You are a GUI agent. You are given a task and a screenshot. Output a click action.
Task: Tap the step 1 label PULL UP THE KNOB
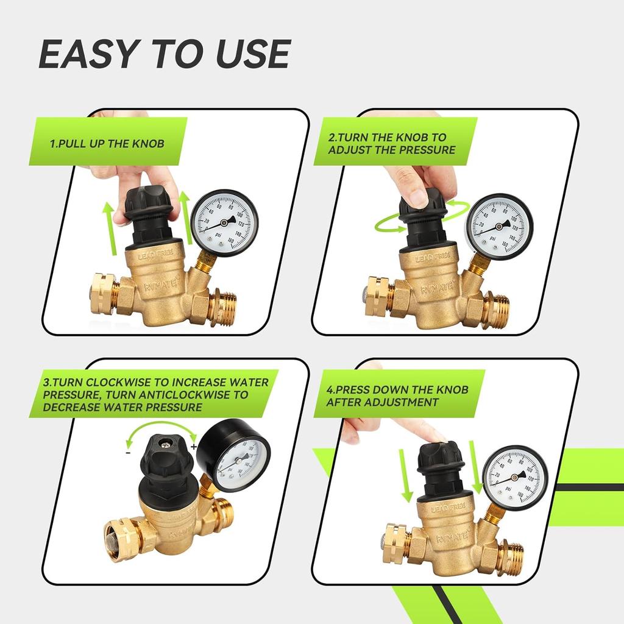pyautogui.click(x=107, y=144)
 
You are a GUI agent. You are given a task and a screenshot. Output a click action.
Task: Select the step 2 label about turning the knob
pyautogui.click(x=392, y=144)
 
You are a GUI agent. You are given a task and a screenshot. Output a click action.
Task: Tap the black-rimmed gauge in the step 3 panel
pyautogui.click(x=238, y=458)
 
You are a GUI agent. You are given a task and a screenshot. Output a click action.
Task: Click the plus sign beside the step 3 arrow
pyautogui.click(x=194, y=447)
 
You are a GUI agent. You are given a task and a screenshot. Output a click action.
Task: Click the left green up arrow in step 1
pyautogui.click(x=108, y=229)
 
